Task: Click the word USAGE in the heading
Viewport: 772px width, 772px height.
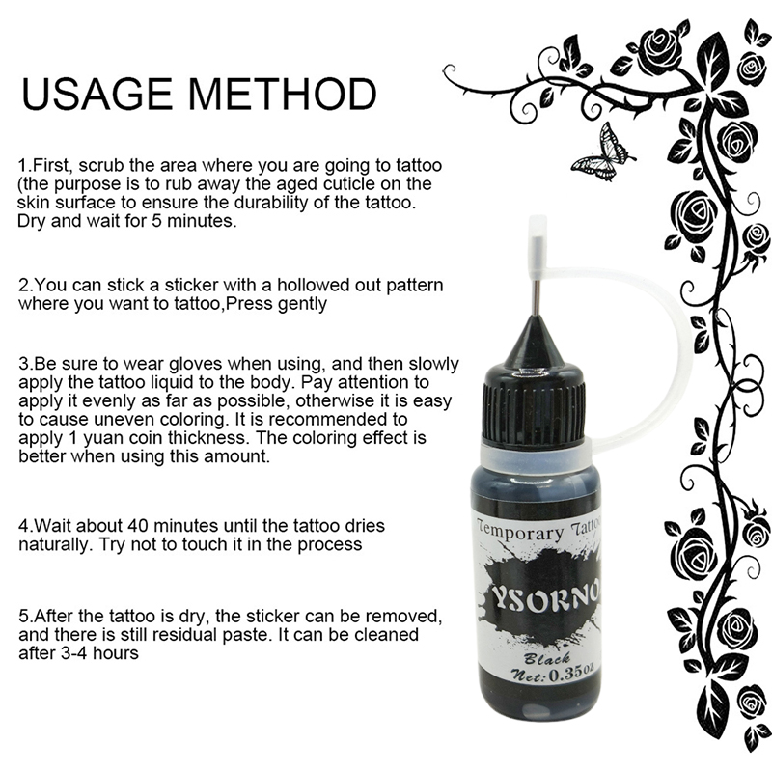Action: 97,94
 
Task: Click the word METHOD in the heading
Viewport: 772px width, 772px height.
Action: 283,94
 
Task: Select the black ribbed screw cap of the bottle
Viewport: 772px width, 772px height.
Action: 535,403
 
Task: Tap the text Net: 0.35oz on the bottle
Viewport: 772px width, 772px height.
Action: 553,673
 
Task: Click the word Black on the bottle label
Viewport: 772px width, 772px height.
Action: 546,658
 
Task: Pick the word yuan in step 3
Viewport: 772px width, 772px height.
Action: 103,439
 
